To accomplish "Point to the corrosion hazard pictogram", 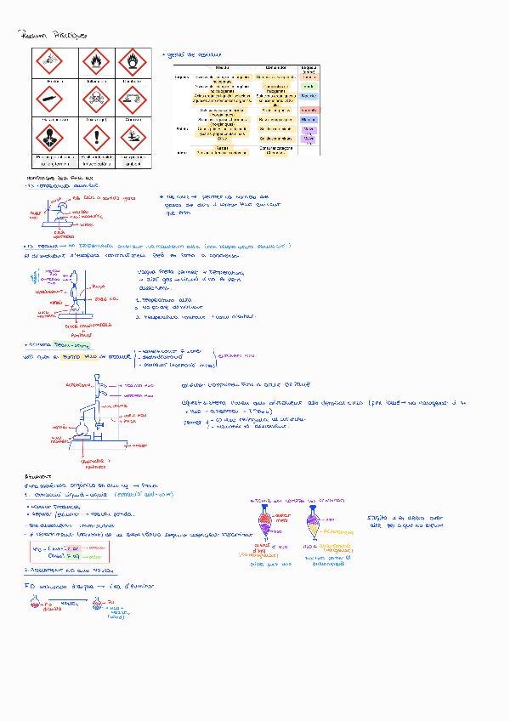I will coord(133,101).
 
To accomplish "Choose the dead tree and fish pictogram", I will coord(133,139).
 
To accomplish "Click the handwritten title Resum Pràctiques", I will coord(50,35).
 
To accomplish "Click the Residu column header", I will coord(222,67).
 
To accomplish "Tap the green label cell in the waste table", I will coord(309,87).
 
